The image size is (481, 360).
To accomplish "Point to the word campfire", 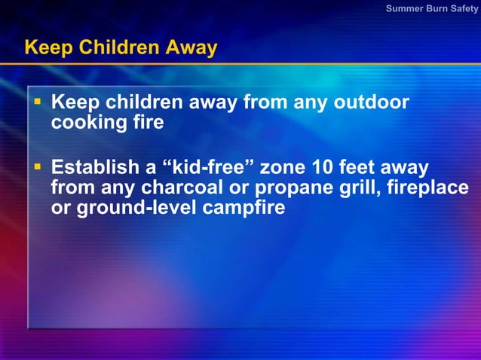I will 244,208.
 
